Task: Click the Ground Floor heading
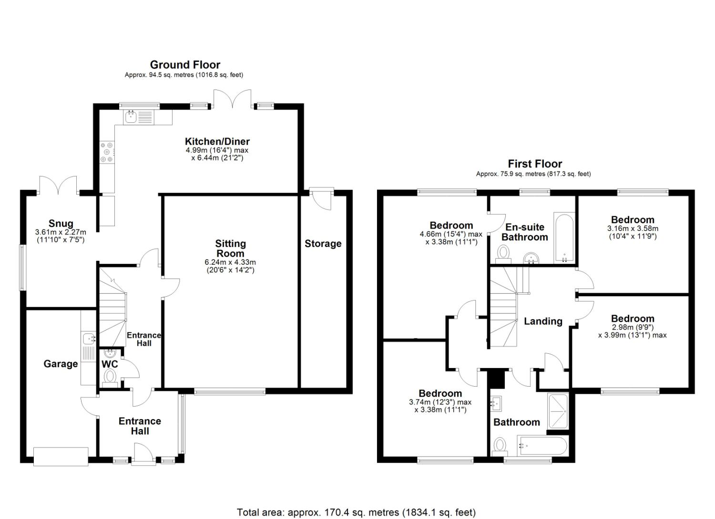(185, 65)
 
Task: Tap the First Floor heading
(535, 164)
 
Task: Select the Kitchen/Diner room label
(217, 141)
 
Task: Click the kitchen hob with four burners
(107, 152)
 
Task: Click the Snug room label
(61, 223)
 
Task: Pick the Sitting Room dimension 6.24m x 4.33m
(230, 262)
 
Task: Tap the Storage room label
(323, 244)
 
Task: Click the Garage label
(61, 364)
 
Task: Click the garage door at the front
(61, 457)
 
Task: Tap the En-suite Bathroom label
(524, 232)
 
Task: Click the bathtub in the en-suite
(564, 238)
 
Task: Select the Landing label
(543, 321)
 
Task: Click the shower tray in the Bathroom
(558, 411)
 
